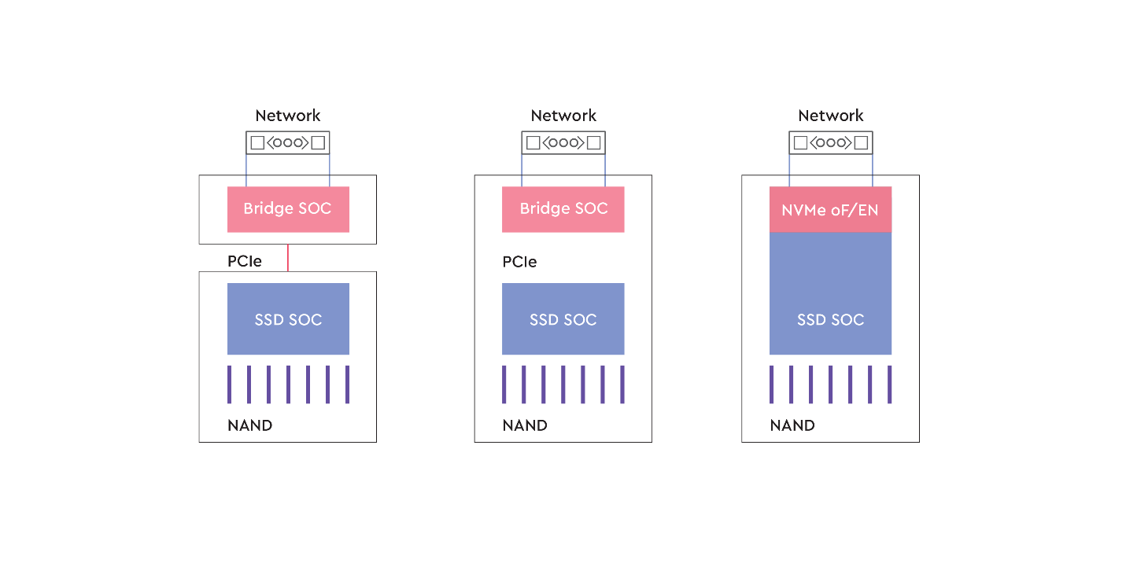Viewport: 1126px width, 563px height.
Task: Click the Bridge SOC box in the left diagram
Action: coord(288,209)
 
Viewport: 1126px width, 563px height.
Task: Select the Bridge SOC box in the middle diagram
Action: coord(563,209)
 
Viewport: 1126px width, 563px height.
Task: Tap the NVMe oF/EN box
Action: coord(830,210)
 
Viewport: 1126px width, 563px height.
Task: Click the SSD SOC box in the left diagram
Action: coord(288,319)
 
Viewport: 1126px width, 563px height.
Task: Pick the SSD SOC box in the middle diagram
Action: coord(563,319)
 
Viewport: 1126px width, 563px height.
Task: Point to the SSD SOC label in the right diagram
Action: coord(830,320)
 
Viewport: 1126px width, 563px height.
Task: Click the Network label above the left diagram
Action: coord(288,116)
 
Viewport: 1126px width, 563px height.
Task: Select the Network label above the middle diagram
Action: coord(563,116)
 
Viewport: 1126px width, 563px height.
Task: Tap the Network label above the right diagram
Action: coord(830,116)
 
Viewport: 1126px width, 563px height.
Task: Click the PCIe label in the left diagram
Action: coord(245,261)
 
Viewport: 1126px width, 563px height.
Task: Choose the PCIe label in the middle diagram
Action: coord(520,261)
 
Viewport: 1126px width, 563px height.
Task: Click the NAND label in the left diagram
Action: coord(250,425)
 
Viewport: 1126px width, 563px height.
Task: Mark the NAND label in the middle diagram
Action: coord(525,425)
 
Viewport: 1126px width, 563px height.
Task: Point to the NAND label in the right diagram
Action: coord(792,425)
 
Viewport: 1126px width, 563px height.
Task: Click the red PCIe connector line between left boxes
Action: coord(288,258)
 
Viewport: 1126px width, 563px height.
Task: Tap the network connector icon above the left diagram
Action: coord(288,143)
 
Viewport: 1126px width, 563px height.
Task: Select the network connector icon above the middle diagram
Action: coord(563,143)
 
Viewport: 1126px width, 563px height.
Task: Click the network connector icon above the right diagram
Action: coord(830,143)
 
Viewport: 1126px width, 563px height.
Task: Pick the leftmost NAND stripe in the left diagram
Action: coord(230,384)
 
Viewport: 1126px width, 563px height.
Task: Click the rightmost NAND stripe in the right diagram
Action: coord(889,384)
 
